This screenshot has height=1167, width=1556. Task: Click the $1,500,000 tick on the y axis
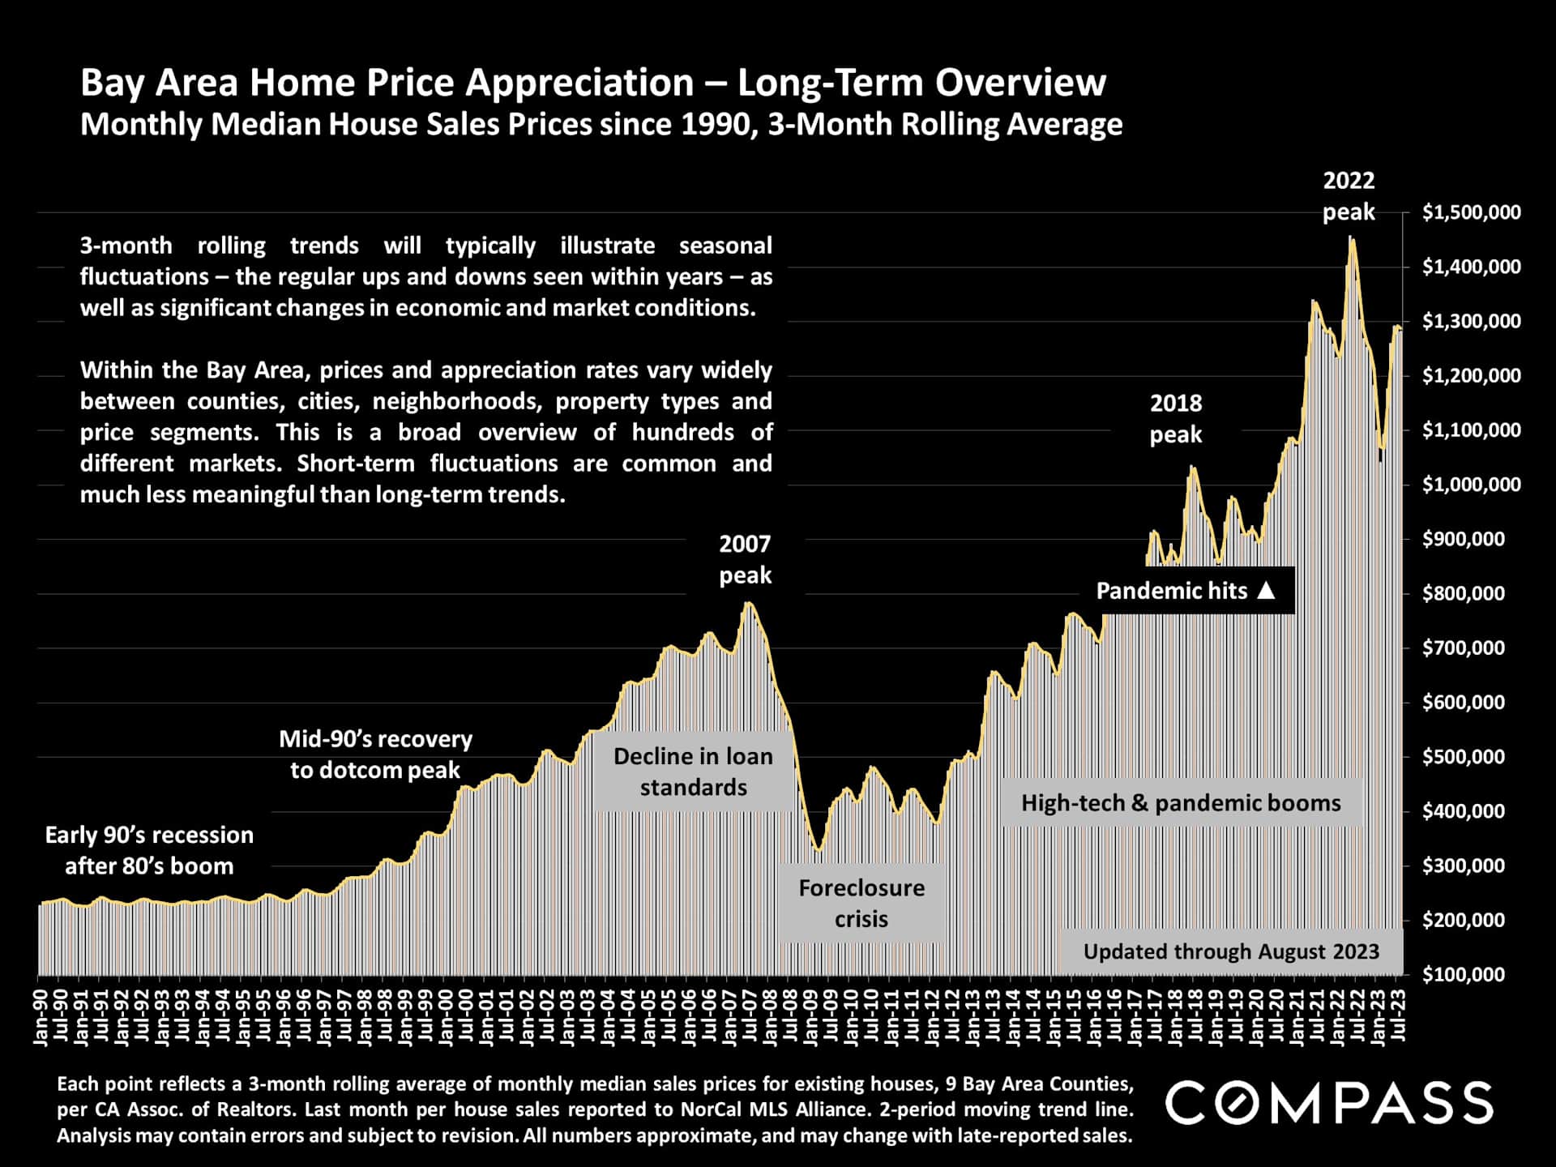[x=1471, y=212]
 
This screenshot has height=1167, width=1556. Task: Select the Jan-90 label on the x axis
[x=40, y=1016]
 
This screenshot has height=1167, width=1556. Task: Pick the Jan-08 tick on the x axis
[x=770, y=1016]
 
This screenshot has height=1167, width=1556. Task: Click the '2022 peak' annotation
[x=1349, y=196]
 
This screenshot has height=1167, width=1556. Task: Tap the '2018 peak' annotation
[x=1176, y=419]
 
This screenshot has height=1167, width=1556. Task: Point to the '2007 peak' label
[x=745, y=559]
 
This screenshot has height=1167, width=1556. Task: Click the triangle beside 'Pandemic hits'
[x=1266, y=591]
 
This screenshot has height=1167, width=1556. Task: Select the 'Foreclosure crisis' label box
[x=861, y=904]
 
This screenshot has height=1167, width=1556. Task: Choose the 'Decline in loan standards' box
[x=693, y=772]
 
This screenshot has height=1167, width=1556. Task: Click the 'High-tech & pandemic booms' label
[x=1181, y=803]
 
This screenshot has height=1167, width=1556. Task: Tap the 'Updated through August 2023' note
[x=1231, y=951]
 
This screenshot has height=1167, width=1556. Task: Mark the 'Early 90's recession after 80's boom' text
[x=149, y=850]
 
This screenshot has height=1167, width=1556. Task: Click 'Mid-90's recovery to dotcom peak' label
[x=375, y=754]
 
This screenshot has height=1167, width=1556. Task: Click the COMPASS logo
[x=1329, y=1102]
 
